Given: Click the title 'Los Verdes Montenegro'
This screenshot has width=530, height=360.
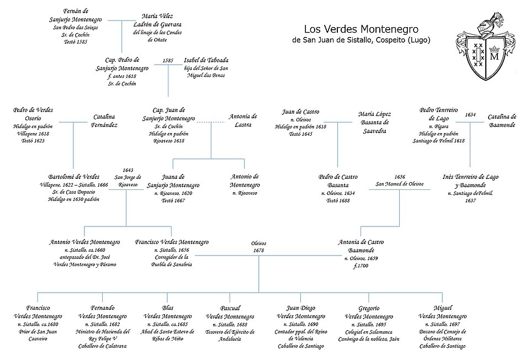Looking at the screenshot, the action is coord(361,29).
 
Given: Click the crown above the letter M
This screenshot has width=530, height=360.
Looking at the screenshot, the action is coord(494,49).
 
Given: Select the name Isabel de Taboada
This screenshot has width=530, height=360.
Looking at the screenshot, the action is coord(206,60).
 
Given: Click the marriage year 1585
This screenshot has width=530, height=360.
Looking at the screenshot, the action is coord(168,61).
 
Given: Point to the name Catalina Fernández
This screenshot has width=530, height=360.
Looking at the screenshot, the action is coord(104,121).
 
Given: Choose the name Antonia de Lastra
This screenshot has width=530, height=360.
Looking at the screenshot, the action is coord(243,120).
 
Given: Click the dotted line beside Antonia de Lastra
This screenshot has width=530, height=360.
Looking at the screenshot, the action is coord(211,122).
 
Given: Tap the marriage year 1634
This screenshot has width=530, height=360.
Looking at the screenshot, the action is coord(470,115).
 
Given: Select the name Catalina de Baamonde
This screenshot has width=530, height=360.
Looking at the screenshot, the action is coord(502,121).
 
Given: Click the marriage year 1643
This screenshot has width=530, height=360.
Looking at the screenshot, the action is coord(128,170).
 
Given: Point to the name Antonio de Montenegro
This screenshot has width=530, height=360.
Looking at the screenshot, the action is coord(245,181).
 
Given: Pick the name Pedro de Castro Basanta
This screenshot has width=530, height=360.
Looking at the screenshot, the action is coord(338,181).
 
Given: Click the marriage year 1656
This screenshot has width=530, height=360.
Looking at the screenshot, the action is coord(400,177).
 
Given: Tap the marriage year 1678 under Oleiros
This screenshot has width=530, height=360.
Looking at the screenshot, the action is coord(258,251).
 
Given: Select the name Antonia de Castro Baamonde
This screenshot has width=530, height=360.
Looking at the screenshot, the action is coord(361,246).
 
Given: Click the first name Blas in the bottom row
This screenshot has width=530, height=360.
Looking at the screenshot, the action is coord(168,308).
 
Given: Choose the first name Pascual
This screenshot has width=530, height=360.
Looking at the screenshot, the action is coord(230,308).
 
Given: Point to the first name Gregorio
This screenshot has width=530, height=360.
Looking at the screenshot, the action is coord(369,308).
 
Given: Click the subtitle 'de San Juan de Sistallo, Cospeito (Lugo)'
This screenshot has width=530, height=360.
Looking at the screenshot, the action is coord(361,40).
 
